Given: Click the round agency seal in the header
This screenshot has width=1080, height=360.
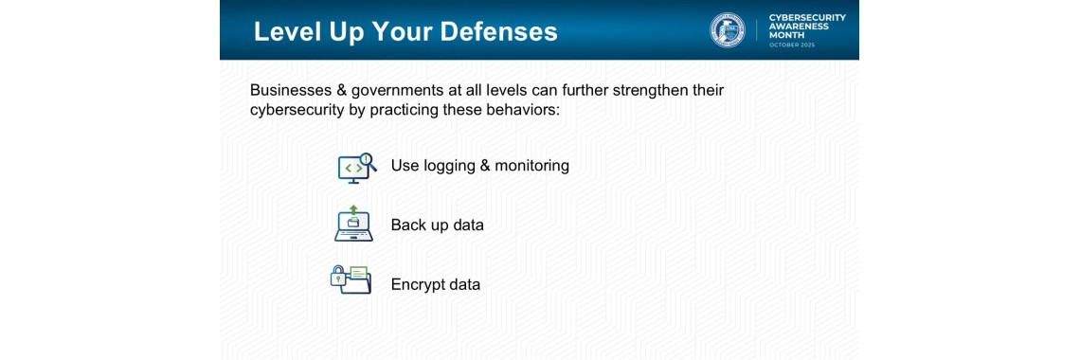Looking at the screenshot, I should [x=728, y=30].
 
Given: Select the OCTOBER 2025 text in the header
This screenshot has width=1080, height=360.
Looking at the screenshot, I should [x=792, y=45].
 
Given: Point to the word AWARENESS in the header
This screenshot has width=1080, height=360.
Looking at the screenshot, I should [x=799, y=27].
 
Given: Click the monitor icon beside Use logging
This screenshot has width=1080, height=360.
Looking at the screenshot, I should [x=351, y=169].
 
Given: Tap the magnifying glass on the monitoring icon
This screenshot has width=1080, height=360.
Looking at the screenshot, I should [x=368, y=160].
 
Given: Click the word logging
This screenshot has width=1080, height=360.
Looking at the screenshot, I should [x=448, y=166].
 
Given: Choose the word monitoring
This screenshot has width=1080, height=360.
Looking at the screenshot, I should [x=532, y=166].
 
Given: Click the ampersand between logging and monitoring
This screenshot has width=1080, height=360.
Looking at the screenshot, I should [x=486, y=166].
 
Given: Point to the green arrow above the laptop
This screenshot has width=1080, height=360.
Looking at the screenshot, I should [x=353, y=209].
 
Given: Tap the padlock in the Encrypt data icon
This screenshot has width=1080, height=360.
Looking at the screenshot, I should [x=337, y=278].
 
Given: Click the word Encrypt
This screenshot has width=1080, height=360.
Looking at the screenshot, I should [x=418, y=284].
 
